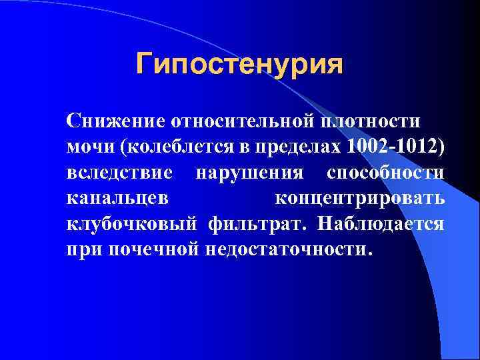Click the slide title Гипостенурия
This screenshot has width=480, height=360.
(x=239, y=64)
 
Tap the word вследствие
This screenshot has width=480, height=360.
(x=120, y=172)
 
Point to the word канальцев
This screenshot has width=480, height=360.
(x=113, y=198)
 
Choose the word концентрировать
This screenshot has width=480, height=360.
(x=359, y=198)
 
